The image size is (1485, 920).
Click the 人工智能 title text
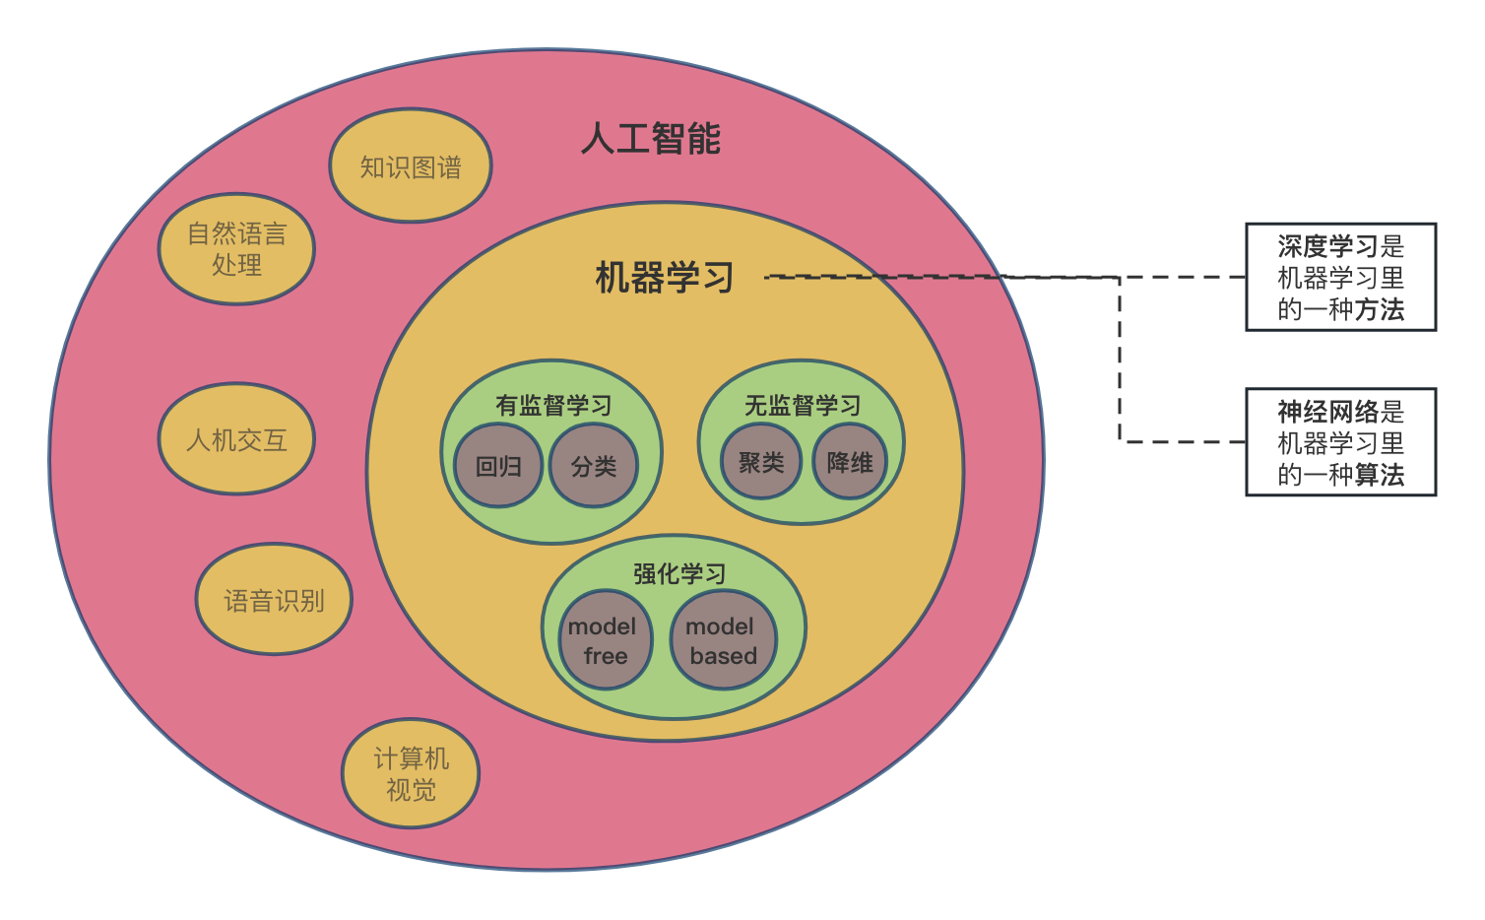(651, 139)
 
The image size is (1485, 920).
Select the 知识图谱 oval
(410, 166)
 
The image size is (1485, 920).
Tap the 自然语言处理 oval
(236, 249)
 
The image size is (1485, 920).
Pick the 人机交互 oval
(236, 439)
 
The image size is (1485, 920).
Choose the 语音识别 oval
(274, 600)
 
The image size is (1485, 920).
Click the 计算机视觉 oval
(411, 773)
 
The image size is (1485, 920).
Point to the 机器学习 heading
(665, 278)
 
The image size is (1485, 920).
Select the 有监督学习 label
(553, 405)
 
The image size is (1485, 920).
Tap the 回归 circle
(498, 466)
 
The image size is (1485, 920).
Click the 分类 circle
(594, 466)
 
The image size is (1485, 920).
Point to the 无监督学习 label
(802, 405)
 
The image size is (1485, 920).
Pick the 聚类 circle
(761, 462)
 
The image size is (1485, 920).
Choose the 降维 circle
(850, 462)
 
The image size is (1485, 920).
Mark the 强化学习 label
(679, 573)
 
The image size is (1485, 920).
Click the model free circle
(604, 640)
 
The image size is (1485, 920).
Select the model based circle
(722, 640)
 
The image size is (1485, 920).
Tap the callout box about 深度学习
(1340, 277)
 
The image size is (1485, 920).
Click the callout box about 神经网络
(1340, 442)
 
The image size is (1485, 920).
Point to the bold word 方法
(1380, 309)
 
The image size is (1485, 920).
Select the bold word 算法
(1380, 475)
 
